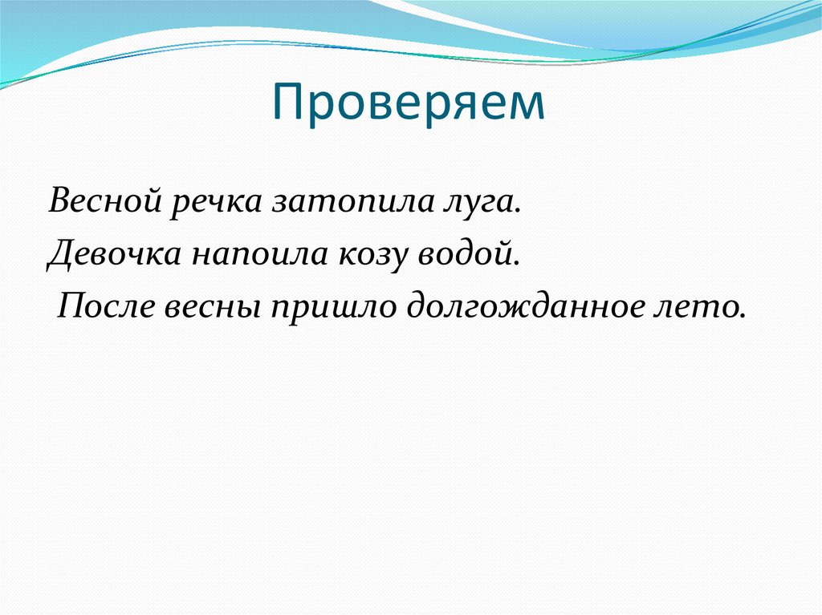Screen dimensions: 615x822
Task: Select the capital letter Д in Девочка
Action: [x=61, y=253]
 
